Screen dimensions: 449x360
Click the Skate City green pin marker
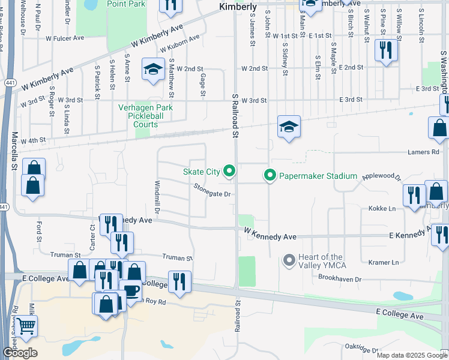[x=229, y=172]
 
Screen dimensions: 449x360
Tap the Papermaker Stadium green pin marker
[x=270, y=176]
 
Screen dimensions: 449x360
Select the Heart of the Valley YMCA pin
[x=289, y=260]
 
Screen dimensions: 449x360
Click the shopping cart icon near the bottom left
[x=26, y=327]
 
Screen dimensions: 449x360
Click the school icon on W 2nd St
[x=153, y=70]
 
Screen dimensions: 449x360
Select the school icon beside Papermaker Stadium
[x=289, y=127]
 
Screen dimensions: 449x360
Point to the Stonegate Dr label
[x=212, y=194]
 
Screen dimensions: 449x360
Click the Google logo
[x=20, y=353]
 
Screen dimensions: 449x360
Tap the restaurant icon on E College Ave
[x=179, y=282]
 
